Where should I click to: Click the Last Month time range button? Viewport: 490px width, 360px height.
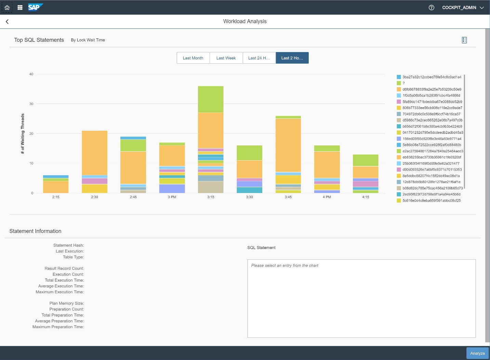(193, 58)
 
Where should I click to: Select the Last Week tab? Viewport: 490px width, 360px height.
(226, 58)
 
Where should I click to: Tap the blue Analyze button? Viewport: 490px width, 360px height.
(477, 353)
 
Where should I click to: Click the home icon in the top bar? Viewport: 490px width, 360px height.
(7, 7)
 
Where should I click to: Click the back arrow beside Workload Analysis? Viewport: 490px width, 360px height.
(7, 22)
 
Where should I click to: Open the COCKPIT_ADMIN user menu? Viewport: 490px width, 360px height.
(463, 8)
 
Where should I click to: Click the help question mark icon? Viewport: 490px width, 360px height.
(431, 8)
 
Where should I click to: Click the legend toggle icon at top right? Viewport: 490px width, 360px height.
(464, 40)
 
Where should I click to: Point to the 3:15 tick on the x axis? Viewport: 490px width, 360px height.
(211, 197)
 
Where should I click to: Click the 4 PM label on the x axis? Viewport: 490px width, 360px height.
(327, 197)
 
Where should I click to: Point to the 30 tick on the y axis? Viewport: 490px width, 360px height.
(31, 104)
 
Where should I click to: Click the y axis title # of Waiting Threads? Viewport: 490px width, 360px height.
(23, 133)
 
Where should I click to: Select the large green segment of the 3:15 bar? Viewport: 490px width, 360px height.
(211, 99)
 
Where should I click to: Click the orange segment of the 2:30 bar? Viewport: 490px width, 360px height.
(94, 153)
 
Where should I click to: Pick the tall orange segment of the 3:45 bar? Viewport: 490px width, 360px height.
(288, 145)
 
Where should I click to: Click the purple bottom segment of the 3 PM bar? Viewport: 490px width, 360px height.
(172, 189)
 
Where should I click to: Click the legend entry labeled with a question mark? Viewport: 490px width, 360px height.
(403, 83)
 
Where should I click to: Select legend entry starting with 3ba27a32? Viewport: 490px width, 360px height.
(432, 77)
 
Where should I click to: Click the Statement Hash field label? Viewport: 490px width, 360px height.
(68, 245)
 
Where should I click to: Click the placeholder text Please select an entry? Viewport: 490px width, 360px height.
(284, 266)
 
